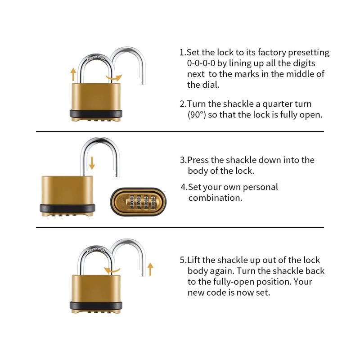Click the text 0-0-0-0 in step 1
202,63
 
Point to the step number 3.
183,160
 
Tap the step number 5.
183,260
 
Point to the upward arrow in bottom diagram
150,269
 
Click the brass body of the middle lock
67,189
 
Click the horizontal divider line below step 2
180,131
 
